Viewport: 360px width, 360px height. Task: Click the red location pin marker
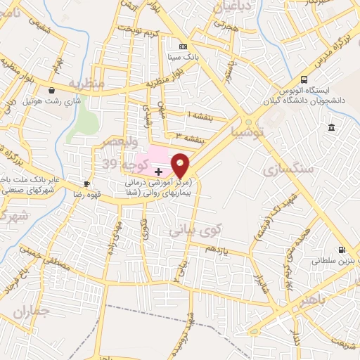tap(181, 165)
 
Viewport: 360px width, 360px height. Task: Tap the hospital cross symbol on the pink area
tap(158, 171)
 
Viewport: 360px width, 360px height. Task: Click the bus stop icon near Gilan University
tap(304, 79)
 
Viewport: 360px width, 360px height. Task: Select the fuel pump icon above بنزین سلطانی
tap(342, 249)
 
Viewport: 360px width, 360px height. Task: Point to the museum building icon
tap(331, 127)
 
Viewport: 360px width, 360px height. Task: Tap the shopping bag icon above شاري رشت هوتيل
tap(53, 90)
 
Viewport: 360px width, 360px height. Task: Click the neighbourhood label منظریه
tap(86, 83)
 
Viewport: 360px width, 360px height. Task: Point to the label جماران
tap(32, 310)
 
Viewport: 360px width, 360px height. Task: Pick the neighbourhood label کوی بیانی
tap(195, 230)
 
